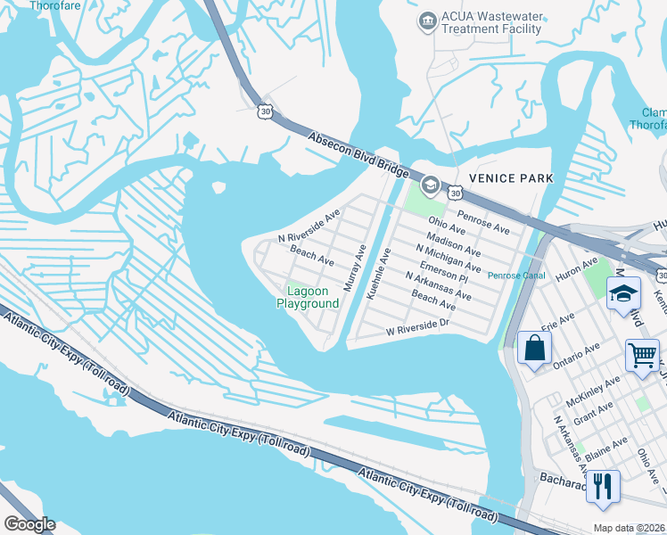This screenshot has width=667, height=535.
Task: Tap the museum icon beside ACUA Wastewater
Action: point(427,21)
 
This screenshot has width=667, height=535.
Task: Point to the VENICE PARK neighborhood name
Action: point(511,178)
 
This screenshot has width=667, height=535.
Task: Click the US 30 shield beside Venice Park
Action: point(456,193)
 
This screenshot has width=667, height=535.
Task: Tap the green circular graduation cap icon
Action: point(429,185)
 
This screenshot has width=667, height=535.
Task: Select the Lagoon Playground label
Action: point(308,297)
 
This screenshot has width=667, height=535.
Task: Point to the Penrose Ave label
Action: point(483,222)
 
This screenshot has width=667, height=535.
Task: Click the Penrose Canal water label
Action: point(516,276)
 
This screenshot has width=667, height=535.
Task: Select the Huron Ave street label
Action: point(577,267)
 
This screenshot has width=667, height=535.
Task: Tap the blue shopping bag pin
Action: point(534,349)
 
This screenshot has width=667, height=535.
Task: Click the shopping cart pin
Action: point(642,356)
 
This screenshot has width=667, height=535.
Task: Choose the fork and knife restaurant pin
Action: point(603,487)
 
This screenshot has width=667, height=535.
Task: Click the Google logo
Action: point(30,524)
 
